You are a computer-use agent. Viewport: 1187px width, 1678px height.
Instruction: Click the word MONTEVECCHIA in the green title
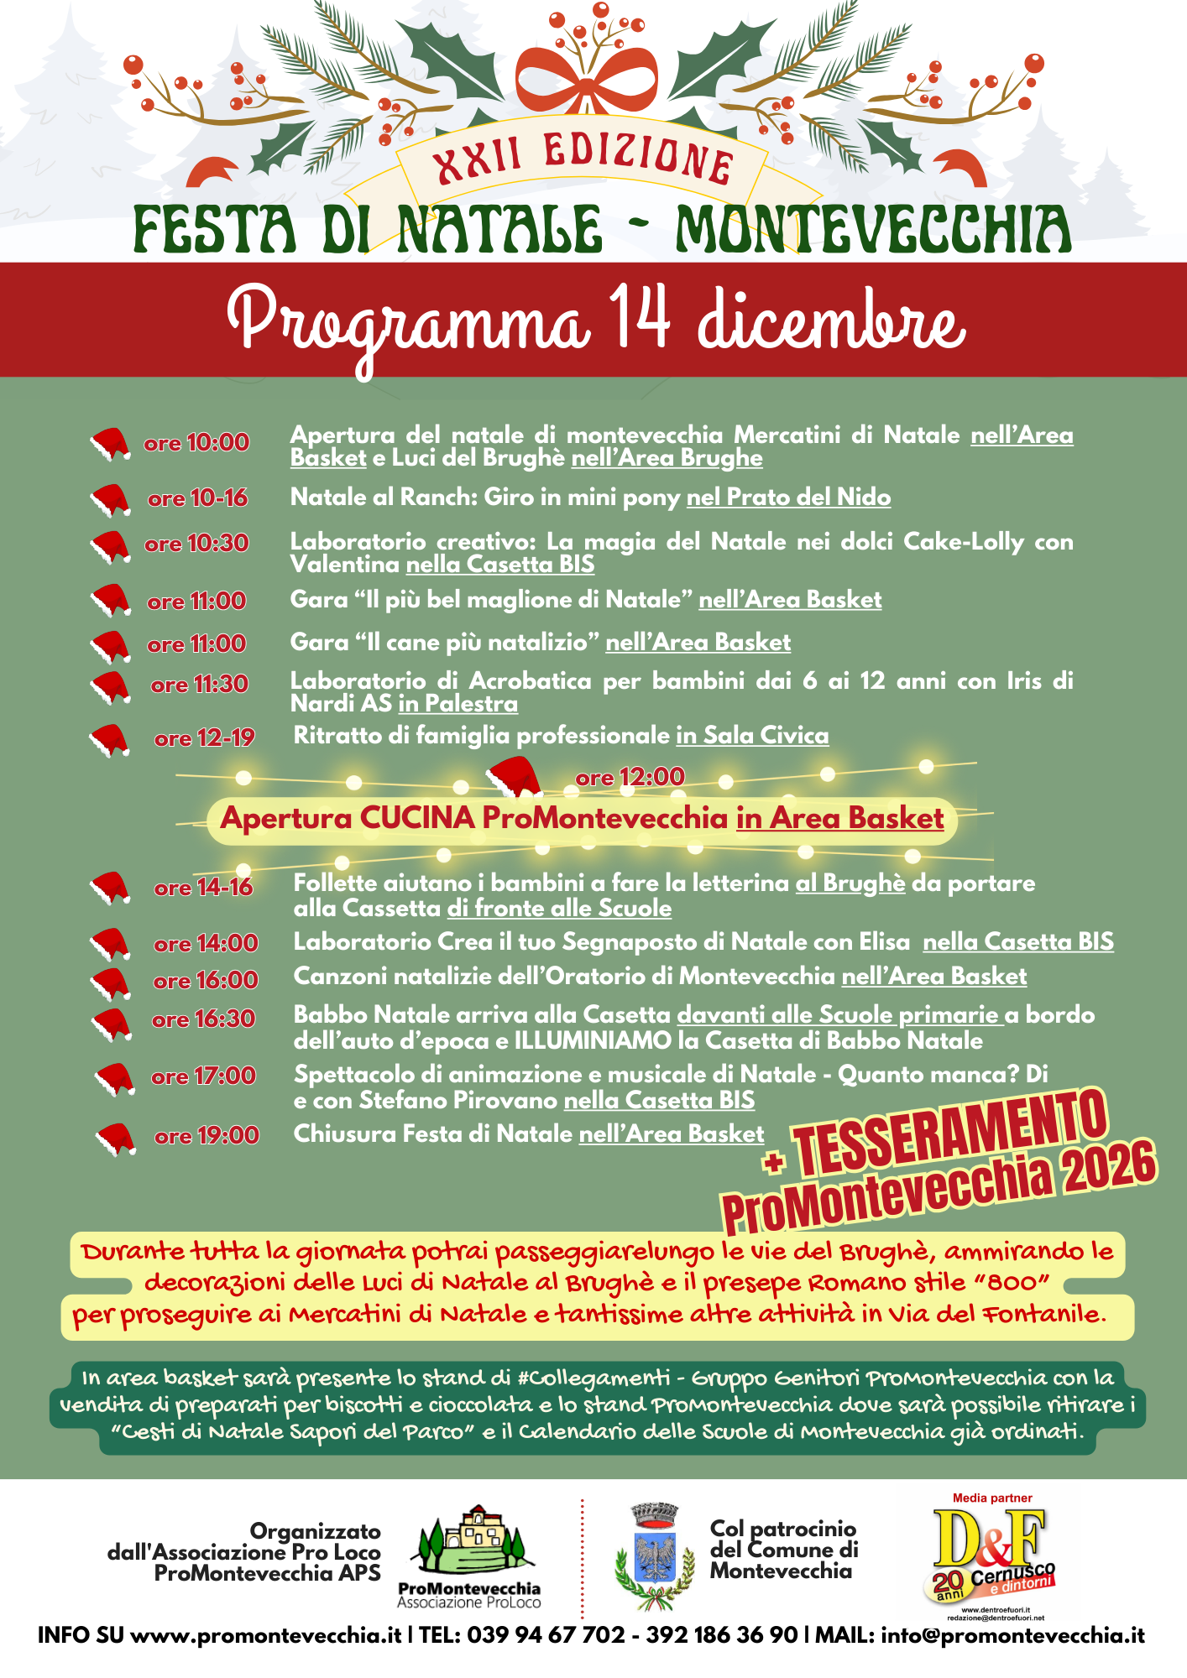coord(873,230)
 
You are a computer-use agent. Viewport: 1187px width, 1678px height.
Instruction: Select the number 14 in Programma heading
coord(639,318)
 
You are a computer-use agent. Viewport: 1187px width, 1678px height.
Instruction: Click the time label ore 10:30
coord(196,544)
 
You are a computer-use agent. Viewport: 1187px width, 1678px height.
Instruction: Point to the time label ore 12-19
coord(204,738)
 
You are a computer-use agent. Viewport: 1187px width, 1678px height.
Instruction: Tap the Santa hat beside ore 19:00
coord(116,1139)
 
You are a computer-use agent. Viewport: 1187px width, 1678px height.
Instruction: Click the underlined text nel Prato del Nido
coord(788,498)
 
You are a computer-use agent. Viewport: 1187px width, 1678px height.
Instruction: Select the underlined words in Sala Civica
coord(752,736)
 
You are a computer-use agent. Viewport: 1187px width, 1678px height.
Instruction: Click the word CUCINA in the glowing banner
coord(417,818)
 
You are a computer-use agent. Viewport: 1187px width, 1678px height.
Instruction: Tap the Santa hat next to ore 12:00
coord(514,777)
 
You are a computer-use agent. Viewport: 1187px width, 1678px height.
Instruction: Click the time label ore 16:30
coord(203,1019)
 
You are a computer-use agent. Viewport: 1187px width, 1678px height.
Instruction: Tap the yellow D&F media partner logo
coord(992,1552)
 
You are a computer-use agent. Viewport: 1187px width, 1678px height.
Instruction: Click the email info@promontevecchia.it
coord(1012,1635)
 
